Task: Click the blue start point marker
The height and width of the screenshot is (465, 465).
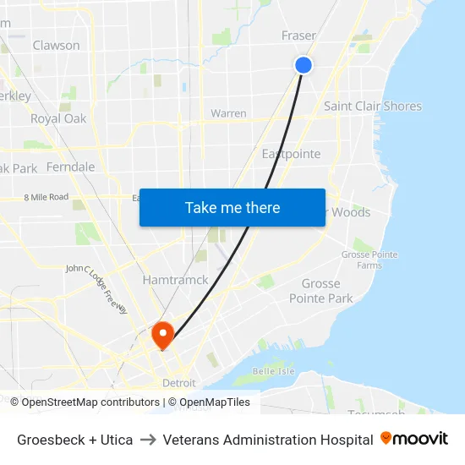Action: [x=304, y=65]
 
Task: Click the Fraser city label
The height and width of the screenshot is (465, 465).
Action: [x=298, y=36]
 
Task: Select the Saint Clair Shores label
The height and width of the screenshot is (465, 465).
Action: [x=372, y=107]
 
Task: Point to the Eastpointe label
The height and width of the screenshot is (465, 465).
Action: [x=291, y=154]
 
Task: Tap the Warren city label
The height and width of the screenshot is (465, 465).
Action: [x=228, y=113]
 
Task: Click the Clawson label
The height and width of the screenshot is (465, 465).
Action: [x=56, y=46]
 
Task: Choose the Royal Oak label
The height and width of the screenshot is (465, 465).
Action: [x=58, y=119]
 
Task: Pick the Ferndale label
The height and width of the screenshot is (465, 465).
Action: [x=70, y=167]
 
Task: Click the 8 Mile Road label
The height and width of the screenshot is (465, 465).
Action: [x=46, y=197]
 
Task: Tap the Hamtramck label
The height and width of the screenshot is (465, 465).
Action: [x=175, y=280]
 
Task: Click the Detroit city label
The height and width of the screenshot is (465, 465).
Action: [x=178, y=383]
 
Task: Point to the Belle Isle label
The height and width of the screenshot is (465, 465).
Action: [x=272, y=371]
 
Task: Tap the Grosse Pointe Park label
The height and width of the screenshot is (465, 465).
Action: [x=320, y=291]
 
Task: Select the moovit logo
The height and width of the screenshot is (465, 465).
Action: [x=414, y=439]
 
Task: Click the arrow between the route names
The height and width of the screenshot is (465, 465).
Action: [x=147, y=440]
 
